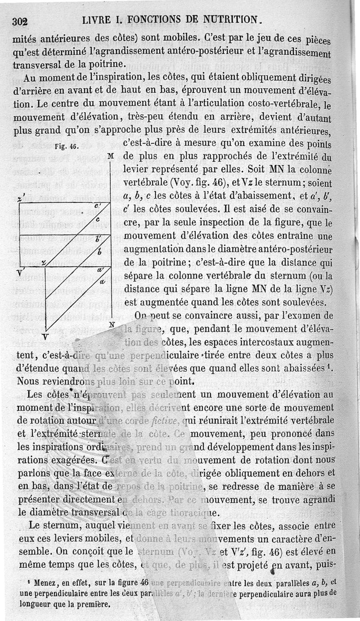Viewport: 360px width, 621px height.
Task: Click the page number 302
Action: tap(21, 21)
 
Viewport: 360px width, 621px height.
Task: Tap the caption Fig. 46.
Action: tap(64, 146)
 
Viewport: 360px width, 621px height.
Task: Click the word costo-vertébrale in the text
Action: tap(280, 106)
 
